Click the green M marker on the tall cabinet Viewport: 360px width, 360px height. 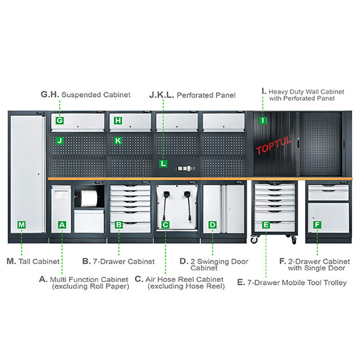[x=22, y=225]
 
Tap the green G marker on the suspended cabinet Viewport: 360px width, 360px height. [x=60, y=120]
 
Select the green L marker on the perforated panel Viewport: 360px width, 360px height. [x=163, y=164]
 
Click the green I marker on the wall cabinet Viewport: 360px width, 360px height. [x=262, y=120]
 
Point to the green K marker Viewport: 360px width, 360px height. [x=118, y=141]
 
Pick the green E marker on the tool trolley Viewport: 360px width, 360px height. [x=266, y=225]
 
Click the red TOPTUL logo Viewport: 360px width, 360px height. [x=274, y=145]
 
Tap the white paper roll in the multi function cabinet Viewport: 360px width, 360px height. [x=89, y=198]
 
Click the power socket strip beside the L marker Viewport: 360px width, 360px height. [x=185, y=168]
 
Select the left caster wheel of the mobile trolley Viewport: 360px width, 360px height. [x=254, y=240]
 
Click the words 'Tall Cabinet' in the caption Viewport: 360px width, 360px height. [x=39, y=261]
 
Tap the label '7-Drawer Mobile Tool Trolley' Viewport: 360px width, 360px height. [x=297, y=282]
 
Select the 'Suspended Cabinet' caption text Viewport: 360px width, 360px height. [x=96, y=95]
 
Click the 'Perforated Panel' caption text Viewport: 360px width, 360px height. [x=206, y=95]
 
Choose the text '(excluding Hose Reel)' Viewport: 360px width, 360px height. [x=186, y=286]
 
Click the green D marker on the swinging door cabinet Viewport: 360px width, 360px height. [x=212, y=225]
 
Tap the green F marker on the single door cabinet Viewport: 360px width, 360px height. [x=317, y=225]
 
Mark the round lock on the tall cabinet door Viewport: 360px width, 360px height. [x=39, y=174]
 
